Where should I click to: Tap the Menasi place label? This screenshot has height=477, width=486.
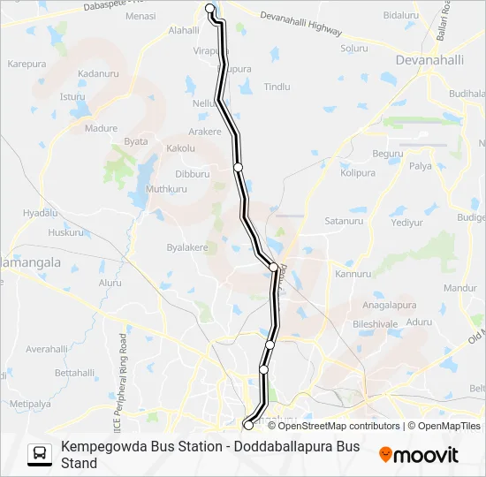point(140,17)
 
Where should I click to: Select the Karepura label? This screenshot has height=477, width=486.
point(27,64)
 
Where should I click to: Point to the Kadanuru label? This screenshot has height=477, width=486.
point(98,74)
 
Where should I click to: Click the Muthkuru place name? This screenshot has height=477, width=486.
point(167,189)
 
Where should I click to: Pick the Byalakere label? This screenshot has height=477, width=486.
point(186,248)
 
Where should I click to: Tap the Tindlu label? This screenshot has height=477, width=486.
point(277,87)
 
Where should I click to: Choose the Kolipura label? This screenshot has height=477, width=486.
point(358,173)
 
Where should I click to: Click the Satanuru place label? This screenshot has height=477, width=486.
point(344,221)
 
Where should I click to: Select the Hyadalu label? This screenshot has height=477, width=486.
point(40,214)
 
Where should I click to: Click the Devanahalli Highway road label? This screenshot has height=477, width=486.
point(301,24)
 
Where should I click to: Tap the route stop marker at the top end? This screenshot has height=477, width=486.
point(210,9)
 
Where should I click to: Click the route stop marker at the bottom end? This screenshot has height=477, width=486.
point(247,426)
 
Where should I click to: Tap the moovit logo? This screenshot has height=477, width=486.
point(419,455)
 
